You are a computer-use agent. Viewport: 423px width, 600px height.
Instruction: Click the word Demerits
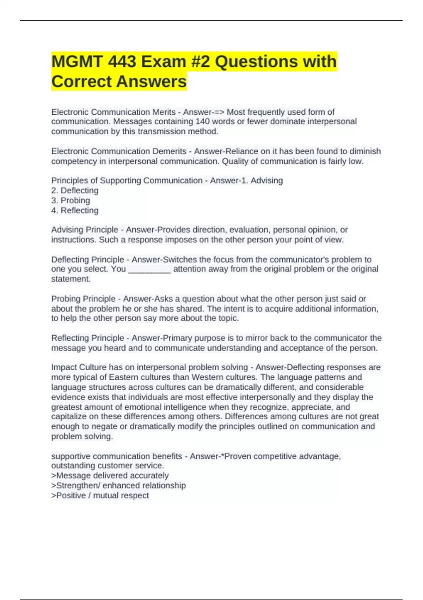click(169, 151)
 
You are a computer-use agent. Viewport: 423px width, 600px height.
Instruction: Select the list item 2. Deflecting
click(75, 191)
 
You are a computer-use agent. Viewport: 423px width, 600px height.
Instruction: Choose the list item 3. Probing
click(70, 200)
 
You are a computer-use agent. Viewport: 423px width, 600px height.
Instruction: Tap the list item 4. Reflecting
click(75, 211)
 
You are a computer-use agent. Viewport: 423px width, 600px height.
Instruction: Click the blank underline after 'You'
click(149, 270)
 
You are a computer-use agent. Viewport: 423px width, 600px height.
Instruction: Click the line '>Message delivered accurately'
click(110, 476)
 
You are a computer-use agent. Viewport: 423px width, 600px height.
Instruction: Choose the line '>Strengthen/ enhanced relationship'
click(118, 486)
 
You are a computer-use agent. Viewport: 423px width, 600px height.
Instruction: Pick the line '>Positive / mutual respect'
click(100, 496)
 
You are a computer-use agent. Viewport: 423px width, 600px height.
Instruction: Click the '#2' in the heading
click(201, 62)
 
